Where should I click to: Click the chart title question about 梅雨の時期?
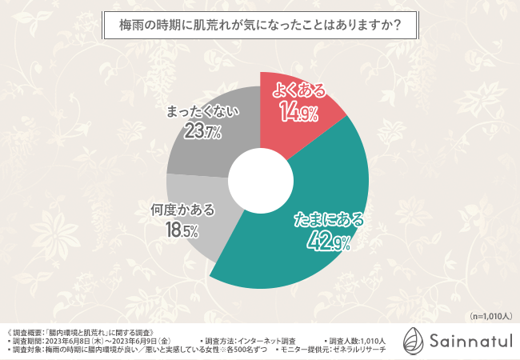pos(260,25)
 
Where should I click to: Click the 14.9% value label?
pos(298,113)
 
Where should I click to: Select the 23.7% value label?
pos(202,131)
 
